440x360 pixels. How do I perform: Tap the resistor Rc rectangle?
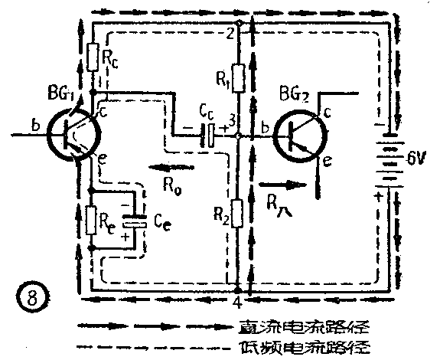point(93,57)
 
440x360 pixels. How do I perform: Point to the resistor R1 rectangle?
point(240,77)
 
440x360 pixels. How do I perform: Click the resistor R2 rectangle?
point(240,214)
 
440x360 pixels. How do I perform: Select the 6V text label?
point(418,160)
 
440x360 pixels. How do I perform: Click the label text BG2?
point(295,94)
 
